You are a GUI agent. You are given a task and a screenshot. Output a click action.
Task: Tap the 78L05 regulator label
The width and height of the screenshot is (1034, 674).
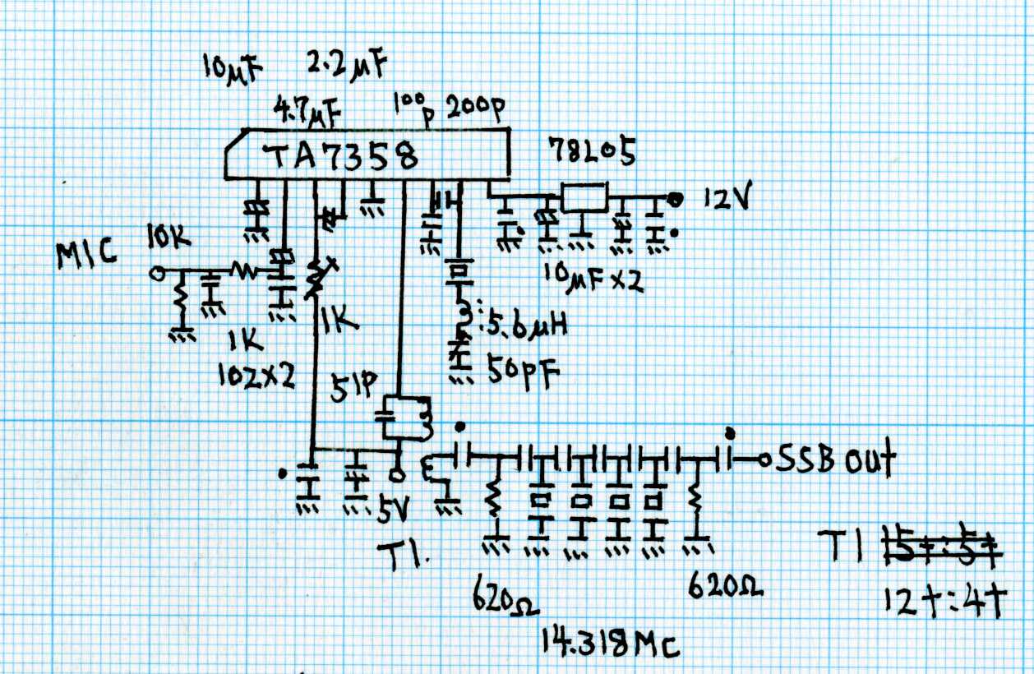click(592, 153)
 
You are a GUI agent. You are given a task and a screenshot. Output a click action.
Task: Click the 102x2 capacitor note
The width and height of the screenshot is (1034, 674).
click(256, 375)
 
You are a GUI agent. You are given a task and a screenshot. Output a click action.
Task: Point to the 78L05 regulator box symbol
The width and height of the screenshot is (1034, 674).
click(584, 197)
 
